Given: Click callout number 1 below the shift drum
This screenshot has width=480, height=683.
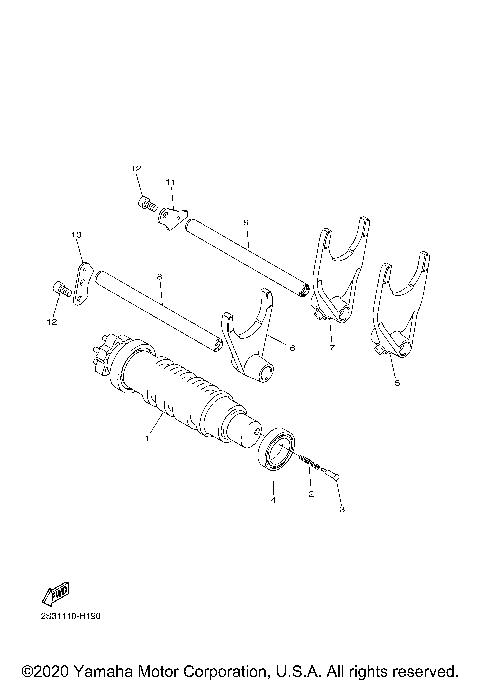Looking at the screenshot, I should [147, 437].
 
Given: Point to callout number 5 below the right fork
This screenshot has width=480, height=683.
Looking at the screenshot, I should [396, 382].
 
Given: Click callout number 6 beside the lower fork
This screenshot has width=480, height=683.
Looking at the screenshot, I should [291, 348].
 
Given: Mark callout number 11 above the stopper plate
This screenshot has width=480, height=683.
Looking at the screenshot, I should [170, 182].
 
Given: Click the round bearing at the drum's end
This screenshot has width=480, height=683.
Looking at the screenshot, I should [279, 447].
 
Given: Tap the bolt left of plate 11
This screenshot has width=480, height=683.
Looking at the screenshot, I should [146, 205].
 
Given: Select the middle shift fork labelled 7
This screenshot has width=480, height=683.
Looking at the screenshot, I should [332, 279].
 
